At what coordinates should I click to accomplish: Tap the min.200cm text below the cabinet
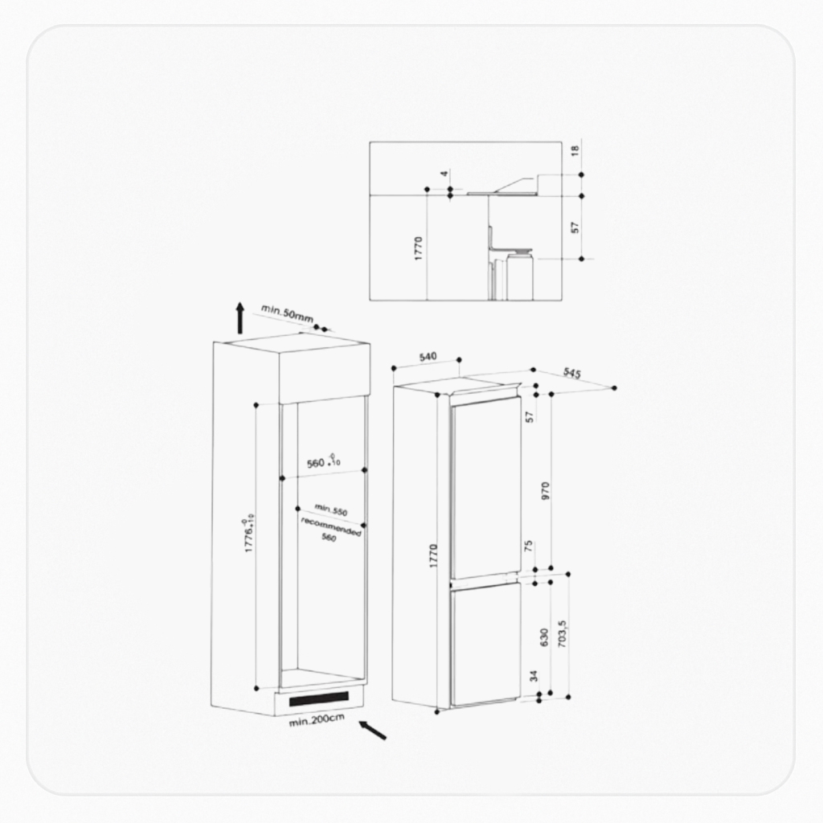[x=317, y=720]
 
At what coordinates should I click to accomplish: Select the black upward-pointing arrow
[x=240, y=317]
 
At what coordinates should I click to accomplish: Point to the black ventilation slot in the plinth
[x=320, y=698]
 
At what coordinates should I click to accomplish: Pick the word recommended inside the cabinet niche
[x=331, y=526]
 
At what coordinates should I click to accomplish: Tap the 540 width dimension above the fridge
[x=428, y=356]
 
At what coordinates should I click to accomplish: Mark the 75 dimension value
[x=528, y=546]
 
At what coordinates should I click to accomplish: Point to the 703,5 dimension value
[x=562, y=635]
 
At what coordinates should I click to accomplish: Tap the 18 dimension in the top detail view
[x=575, y=151]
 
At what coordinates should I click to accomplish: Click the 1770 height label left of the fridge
[x=433, y=556]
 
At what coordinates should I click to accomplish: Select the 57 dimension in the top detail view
[x=575, y=227]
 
